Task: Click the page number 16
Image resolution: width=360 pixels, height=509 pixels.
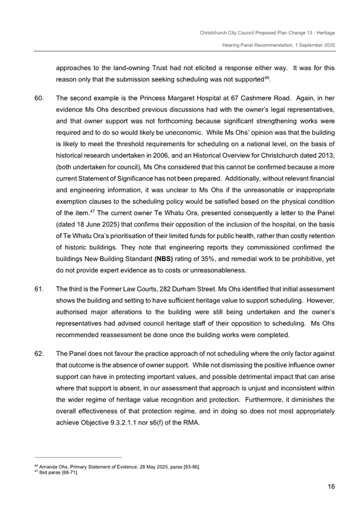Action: click(x=331, y=486)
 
